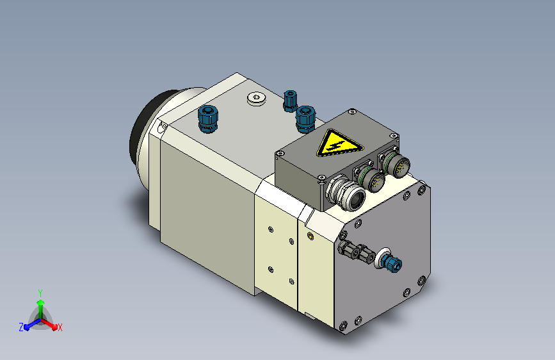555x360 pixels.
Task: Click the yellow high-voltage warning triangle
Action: (x=339, y=144)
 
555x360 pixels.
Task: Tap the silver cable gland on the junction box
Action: (x=345, y=193)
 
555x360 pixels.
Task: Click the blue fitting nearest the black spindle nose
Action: (x=208, y=119)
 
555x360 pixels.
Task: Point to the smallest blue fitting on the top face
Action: (x=290, y=101)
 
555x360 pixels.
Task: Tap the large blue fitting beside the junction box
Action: (x=305, y=119)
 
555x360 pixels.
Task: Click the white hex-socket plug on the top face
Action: (x=256, y=99)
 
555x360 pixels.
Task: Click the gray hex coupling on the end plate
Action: (x=356, y=251)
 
